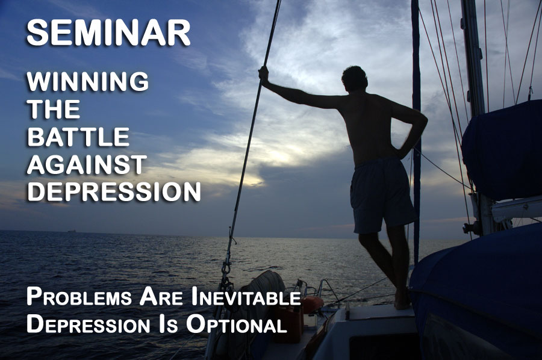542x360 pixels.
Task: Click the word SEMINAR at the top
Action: [x=108, y=33]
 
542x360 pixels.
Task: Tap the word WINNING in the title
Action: [x=88, y=81]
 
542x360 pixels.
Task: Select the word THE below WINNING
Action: [x=54, y=109]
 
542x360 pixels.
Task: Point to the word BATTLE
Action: [x=78, y=137]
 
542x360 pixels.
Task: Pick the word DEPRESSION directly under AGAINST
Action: [x=114, y=191]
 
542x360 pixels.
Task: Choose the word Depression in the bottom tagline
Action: [x=88, y=324]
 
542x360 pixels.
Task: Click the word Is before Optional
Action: [x=169, y=324]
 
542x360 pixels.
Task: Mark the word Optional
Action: [x=237, y=324]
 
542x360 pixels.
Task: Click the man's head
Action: [x=354, y=79]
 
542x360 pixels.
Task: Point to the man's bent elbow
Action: [x=421, y=122]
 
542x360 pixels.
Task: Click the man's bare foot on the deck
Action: [x=402, y=300]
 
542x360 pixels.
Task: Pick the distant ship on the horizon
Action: [x=72, y=231]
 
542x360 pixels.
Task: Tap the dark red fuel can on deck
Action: [x=289, y=323]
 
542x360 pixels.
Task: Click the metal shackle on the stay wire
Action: [x=226, y=268]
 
